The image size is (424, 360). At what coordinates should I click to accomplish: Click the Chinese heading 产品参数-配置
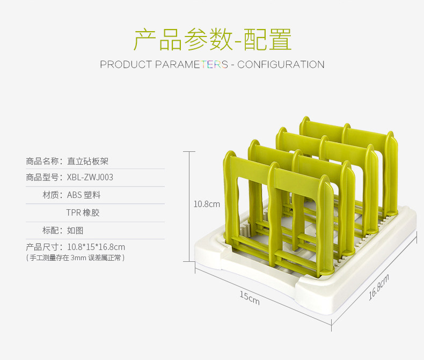click(x=212, y=39)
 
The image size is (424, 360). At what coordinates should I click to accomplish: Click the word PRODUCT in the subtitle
click(x=126, y=65)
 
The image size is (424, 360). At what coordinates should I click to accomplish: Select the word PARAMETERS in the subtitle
click(x=192, y=65)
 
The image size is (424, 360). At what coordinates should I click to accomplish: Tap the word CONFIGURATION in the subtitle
click(x=281, y=65)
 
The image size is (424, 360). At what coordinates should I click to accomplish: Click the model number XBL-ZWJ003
click(x=90, y=178)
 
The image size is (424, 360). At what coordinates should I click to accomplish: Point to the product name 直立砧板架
click(x=88, y=160)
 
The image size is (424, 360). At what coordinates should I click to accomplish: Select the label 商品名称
click(x=46, y=160)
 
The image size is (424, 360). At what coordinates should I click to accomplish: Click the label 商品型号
click(x=46, y=178)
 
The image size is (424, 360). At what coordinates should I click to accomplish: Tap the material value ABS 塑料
click(x=84, y=195)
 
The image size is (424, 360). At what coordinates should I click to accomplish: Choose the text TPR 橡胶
click(x=83, y=213)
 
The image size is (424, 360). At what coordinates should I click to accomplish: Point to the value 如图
click(x=75, y=230)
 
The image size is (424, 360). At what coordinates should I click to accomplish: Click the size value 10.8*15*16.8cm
click(x=96, y=247)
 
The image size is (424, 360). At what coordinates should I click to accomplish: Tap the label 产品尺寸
click(x=46, y=247)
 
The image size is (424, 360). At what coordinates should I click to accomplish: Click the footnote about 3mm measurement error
click(x=76, y=258)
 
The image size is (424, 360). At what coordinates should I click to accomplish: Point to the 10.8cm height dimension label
click(x=207, y=204)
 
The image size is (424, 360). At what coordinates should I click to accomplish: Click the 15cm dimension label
click(x=249, y=298)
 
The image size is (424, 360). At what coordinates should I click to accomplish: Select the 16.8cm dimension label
click(x=379, y=288)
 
